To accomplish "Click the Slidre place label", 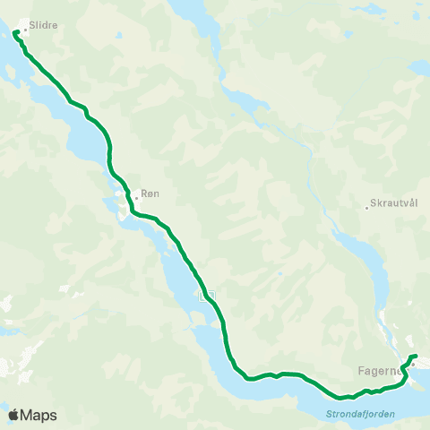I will point(44,26).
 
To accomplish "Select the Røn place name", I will point(150,193).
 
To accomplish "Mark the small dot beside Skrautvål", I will point(367,209).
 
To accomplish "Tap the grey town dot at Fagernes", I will point(413,365).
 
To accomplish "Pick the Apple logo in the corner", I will point(14,415).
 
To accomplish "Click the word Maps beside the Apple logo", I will point(40,415).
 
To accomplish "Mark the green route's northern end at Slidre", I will point(15,34).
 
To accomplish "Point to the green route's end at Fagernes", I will point(416,357).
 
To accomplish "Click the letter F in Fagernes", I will point(359,370).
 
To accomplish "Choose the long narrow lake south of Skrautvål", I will point(367,269).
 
